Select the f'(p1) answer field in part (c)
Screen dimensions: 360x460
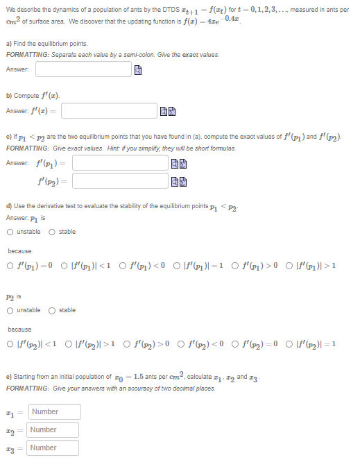click(120, 163)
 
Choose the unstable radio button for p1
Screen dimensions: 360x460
click(10, 232)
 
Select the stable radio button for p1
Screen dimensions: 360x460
click(53, 232)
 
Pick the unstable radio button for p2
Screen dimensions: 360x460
click(10, 310)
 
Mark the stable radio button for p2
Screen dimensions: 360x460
click(53, 310)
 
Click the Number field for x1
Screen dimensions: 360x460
click(53, 412)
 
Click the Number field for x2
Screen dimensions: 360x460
click(53, 430)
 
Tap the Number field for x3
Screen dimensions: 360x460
click(53, 448)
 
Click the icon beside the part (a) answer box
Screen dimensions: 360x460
click(138, 70)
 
